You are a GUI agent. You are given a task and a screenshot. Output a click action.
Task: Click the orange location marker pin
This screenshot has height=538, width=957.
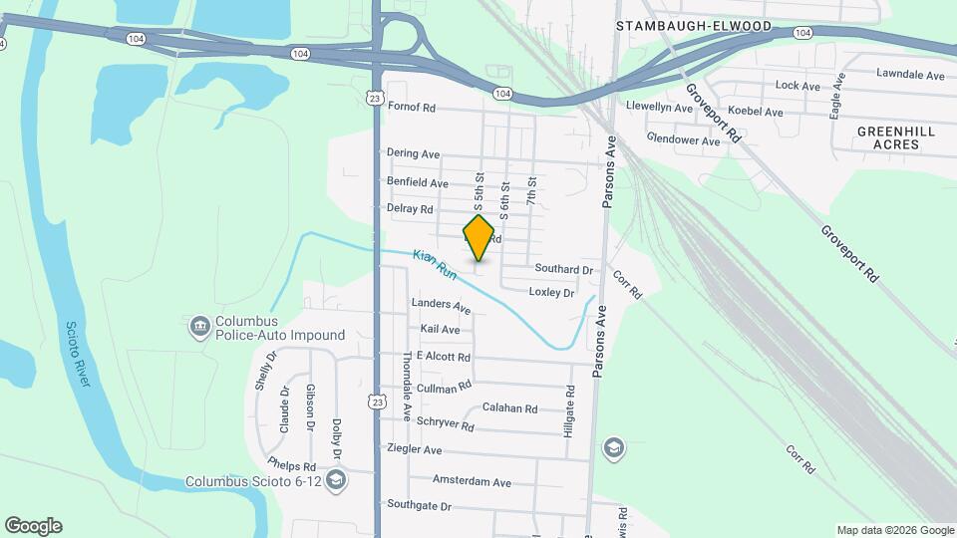coord(479,238)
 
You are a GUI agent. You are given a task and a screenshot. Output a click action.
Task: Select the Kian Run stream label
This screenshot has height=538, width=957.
coord(434,263)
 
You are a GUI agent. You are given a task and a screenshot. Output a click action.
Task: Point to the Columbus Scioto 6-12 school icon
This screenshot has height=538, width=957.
coord(337,481)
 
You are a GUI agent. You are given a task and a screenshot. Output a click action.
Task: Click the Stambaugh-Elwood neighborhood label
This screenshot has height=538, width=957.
coord(694,26)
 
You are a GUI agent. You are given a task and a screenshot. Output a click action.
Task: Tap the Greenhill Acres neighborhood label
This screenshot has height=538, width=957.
coord(888,137)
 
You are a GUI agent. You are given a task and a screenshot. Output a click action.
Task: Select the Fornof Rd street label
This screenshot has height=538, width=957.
coord(413,108)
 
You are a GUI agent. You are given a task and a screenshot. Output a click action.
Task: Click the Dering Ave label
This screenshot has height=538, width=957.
coord(414,154)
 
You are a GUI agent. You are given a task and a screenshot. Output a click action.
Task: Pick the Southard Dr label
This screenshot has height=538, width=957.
coord(563,269)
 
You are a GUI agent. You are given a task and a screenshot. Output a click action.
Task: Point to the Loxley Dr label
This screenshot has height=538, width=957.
coord(551,293)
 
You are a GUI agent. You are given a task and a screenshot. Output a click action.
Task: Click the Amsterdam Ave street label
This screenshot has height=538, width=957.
coord(472,482)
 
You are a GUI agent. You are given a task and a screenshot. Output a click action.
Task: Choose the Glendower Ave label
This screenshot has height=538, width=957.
coord(683,140)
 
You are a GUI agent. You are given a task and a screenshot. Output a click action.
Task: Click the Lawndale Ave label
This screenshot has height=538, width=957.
coord(910,75)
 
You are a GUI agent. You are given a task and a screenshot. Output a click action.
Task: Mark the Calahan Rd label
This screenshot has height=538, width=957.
coord(509,408)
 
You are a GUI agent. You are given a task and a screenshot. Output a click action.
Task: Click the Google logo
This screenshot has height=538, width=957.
coord(33,526)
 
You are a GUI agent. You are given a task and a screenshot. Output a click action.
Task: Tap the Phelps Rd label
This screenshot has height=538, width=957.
coord(291,465)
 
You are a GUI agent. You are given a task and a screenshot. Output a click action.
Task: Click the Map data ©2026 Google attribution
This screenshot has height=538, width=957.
coord(895,530)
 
